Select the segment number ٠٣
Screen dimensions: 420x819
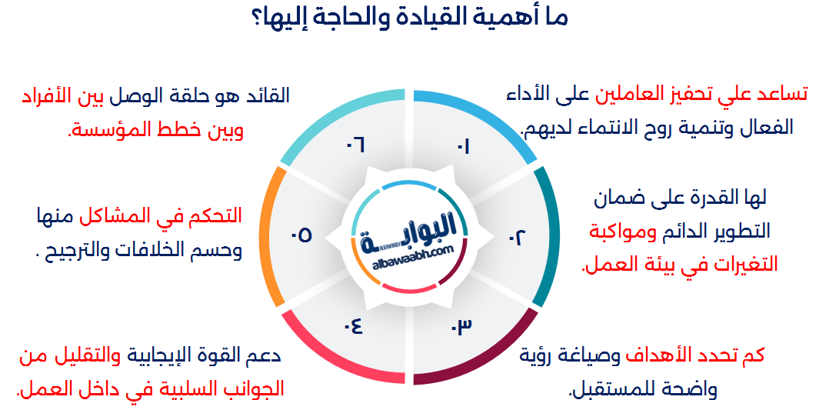[x=461, y=325]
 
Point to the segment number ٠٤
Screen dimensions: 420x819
[x=354, y=325]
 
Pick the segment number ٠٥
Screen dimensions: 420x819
[x=301, y=235]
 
